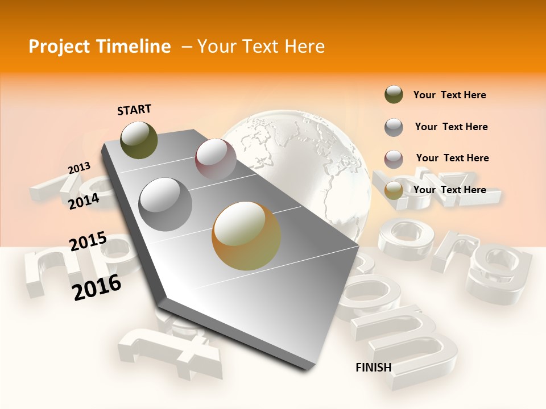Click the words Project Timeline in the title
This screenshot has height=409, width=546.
(x=100, y=47)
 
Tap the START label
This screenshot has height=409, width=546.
(x=134, y=110)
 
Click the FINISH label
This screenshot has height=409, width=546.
(x=374, y=368)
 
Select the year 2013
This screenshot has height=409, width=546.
(x=80, y=168)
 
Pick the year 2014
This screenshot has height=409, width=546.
(x=84, y=201)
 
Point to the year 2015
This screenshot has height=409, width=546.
(x=88, y=241)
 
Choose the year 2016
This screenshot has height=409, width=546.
(x=97, y=287)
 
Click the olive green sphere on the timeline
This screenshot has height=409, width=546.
(x=139, y=140)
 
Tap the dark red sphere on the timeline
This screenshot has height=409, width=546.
(x=216, y=159)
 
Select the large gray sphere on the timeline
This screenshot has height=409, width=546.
(x=166, y=204)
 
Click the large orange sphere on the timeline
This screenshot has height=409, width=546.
(x=246, y=236)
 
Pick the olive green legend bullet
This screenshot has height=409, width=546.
(x=394, y=95)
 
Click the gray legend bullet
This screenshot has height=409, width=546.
(x=394, y=127)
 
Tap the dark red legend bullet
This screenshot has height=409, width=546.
(x=394, y=159)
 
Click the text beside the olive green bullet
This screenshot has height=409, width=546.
(x=450, y=95)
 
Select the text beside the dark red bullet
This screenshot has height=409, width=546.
(x=452, y=158)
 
